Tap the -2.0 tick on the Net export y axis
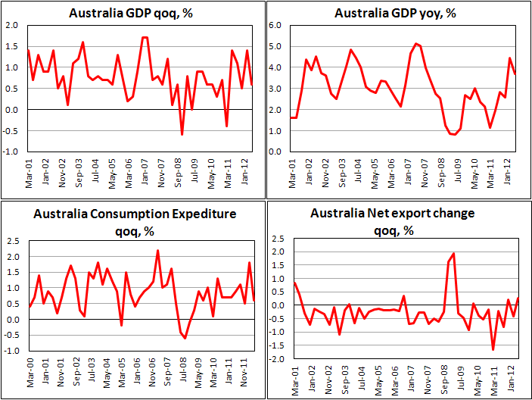point(277,358)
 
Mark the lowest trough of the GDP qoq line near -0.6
point(182,135)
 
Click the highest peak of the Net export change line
point(453,253)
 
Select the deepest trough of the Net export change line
point(493,349)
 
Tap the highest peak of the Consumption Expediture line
point(157,250)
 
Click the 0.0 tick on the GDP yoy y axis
point(275,152)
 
